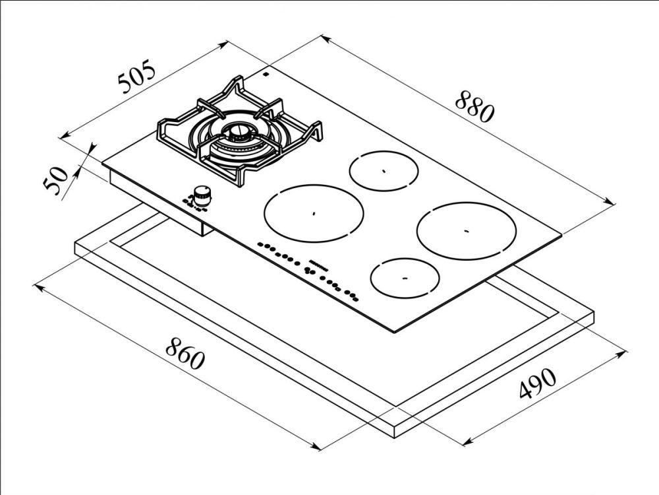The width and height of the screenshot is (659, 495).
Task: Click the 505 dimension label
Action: [x=136, y=77]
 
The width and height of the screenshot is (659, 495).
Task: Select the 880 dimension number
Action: [x=475, y=107]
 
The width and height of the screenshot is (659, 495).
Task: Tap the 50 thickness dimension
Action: [x=55, y=180]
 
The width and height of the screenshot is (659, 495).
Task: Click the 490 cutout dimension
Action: [x=538, y=384]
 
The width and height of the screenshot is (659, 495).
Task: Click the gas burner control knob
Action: [x=202, y=193]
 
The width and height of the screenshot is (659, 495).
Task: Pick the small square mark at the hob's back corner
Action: [x=266, y=75]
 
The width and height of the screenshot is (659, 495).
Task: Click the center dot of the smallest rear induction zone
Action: [x=384, y=171]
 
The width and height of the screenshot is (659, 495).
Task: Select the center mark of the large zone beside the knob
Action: [x=314, y=213]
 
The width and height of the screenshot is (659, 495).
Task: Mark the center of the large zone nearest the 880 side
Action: [x=466, y=230]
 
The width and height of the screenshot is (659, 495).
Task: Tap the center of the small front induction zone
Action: [x=405, y=279]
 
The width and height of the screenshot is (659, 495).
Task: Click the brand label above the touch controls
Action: [x=320, y=263]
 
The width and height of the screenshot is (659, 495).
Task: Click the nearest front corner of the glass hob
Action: [x=394, y=332]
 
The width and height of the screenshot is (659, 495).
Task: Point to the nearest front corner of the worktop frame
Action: [x=395, y=437]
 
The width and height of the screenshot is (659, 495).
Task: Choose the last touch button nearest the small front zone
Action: [x=356, y=299]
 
